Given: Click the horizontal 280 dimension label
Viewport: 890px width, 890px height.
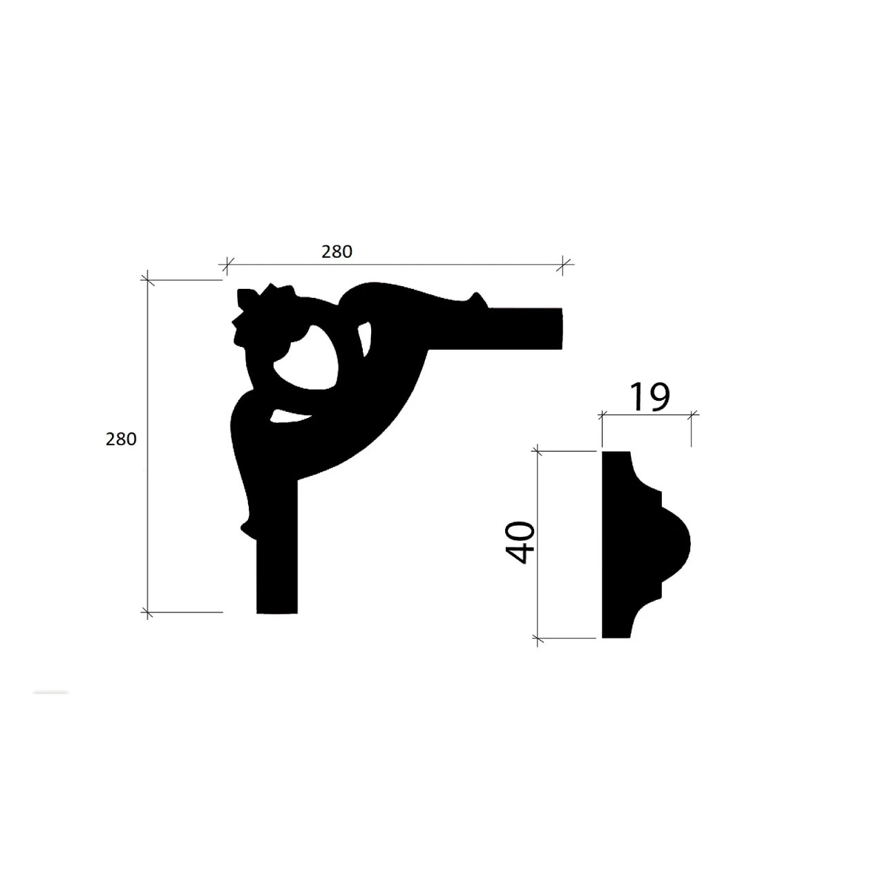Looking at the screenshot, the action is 337,252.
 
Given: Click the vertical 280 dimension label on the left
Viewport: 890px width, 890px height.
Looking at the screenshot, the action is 121,439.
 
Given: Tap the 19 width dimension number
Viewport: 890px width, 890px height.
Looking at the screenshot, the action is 650,397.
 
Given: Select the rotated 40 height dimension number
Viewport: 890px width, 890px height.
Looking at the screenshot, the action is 520,542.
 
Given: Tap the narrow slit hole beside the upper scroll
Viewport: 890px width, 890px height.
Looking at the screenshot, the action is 366,339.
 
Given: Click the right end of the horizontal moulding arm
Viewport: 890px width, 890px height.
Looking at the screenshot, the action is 562,328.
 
